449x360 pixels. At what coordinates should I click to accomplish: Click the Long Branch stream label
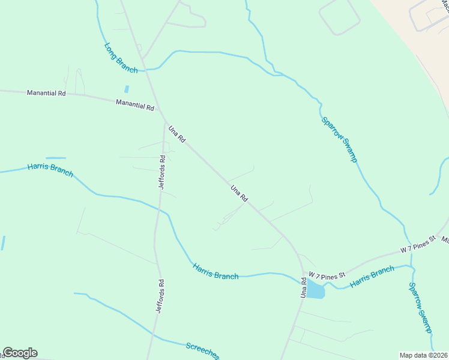[121, 58]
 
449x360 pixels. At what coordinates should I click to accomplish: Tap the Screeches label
[202, 349]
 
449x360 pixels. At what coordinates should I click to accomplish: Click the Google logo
[20, 353]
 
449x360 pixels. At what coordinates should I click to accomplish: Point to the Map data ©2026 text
[423, 355]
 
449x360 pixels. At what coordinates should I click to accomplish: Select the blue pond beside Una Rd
[315, 291]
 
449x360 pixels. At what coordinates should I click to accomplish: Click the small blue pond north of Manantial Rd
[126, 89]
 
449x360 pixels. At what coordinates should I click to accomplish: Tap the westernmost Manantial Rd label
[46, 93]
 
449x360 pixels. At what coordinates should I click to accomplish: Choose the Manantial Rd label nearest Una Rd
[135, 105]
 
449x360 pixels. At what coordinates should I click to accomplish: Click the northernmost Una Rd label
[177, 133]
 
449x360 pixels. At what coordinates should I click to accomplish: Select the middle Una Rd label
[240, 193]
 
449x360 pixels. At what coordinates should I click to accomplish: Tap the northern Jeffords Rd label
[161, 172]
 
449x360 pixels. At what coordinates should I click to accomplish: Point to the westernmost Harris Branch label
[50, 170]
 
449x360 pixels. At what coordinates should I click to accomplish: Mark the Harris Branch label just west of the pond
[215, 271]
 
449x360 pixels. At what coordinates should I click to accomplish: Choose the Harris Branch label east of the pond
[372, 277]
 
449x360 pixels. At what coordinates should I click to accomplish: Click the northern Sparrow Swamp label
[339, 139]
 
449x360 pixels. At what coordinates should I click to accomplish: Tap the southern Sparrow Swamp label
[420, 308]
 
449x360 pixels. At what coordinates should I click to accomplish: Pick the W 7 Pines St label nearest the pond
[328, 275]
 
